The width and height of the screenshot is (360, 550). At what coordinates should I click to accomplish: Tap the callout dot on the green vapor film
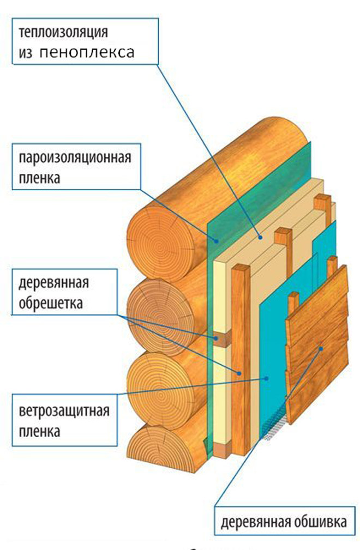coord(217,240)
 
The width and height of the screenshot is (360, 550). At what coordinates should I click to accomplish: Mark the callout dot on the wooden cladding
coord(322,348)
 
